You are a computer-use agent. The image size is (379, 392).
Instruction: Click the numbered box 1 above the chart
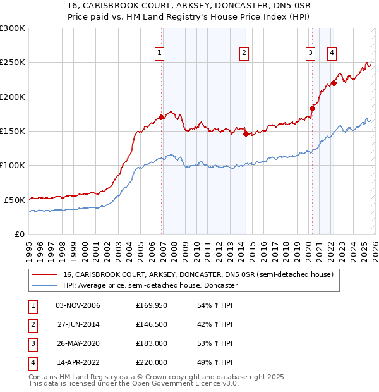[160, 54]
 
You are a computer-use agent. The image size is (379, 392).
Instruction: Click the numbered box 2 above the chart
[244, 54]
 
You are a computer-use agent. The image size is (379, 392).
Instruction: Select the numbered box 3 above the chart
[311, 54]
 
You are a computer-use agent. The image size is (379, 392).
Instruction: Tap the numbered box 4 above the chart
[332, 54]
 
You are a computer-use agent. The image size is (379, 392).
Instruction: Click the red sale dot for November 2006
[162, 117]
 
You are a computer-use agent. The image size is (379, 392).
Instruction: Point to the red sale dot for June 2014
[246, 133]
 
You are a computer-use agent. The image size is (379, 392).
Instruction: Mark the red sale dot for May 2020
[312, 109]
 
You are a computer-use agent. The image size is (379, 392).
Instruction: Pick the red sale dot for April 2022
[334, 83]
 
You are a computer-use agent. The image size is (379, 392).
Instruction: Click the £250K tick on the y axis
[13, 63]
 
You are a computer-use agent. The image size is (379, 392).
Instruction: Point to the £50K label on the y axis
[15, 200]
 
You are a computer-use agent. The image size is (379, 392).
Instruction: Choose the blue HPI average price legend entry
[150, 286]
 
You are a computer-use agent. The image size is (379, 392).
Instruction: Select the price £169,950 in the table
[152, 305]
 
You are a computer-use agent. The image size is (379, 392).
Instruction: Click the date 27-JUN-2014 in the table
[78, 324]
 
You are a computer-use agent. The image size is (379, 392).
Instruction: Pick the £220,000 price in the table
[152, 362]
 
